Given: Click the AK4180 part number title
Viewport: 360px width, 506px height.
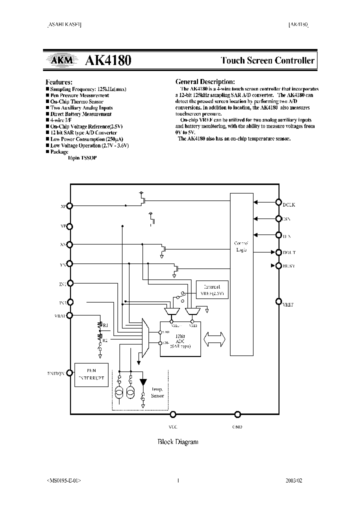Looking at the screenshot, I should (x=108, y=60).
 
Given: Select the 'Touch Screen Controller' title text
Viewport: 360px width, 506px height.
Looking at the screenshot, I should (x=268, y=60).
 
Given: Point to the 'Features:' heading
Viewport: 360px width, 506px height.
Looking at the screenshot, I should (x=59, y=81).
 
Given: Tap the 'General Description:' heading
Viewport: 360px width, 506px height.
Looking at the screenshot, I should (x=204, y=81).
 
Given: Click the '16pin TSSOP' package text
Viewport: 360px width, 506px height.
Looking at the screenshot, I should (x=82, y=157).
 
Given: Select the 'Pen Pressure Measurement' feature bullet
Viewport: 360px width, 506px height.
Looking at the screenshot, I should (x=79, y=95).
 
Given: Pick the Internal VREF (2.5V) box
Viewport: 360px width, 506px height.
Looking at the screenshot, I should (x=212, y=290).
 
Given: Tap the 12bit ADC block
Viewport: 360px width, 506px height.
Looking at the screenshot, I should (x=180, y=337).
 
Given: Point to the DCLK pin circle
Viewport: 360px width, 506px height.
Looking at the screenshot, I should (x=279, y=202).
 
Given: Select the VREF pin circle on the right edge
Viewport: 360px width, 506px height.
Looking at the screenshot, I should (x=279, y=301).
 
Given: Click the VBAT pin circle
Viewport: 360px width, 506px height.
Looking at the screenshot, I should (x=70, y=315).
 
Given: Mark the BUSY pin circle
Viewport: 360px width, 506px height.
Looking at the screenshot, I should (x=279, y=266).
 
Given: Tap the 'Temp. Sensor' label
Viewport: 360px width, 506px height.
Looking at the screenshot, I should (x=157, y=392).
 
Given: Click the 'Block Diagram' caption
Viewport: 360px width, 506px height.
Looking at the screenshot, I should (x=178, y=441).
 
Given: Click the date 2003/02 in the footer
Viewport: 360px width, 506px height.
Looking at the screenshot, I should (x=293, y=480).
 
